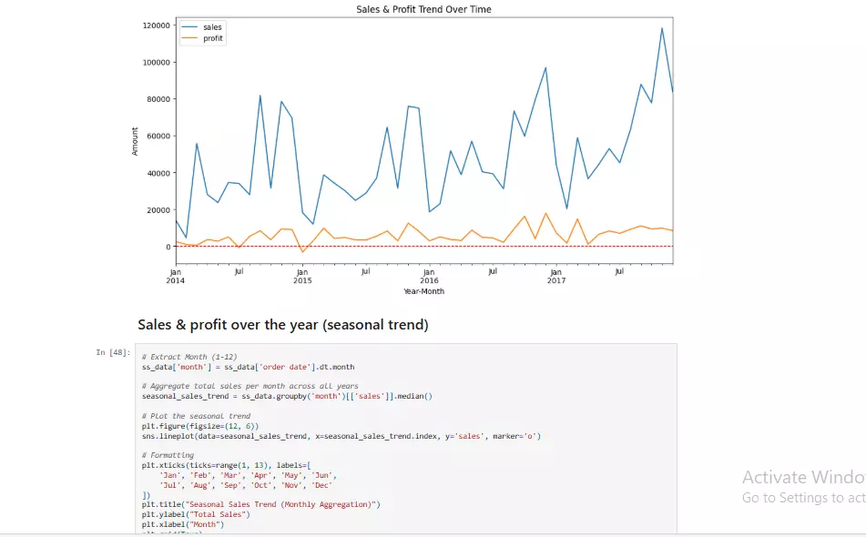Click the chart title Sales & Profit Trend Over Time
pyautogui.click(x=423, y=9)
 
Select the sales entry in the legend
pyautogui.click(x=211, y=27)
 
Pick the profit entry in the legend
pyautogui.click(x=212, y=38)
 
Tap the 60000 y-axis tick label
pyautogui.click(x=158, y=137)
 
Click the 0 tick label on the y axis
pyautogui.click(x=168, y=247)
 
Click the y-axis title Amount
pyautogui.click(x=136, y=141)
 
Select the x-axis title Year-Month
pyautogui.click(x=423, y=291)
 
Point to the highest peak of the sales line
pyautogui.click(x=662, y=28)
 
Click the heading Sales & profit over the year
pyautogui.click(x=282, y=325)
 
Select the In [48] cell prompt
pyautogui.click(x=114, y=352)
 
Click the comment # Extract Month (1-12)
pyautogui.click(x=189, y=357)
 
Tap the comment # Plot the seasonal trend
pyautogui.click(x=196, y=416)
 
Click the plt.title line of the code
pyautogui.click(x=260, y=504)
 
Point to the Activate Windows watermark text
pyautogui.click(x=802, y=477)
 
